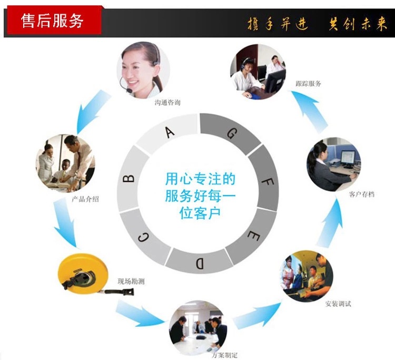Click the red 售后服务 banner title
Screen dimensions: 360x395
(x=52, y=21)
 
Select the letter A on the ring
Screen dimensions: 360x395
(x=170, y=132)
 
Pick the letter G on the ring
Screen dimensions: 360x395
(x=231, y=133)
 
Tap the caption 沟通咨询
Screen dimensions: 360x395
(x=167, y=103)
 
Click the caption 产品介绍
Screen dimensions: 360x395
(x=85, y=200)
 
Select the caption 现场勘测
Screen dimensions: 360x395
(x=131, y=281)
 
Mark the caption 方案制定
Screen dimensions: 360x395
(x=225, y=355)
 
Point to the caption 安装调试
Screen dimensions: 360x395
(x=338, y=304)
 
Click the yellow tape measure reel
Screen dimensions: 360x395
(x=79, y=274)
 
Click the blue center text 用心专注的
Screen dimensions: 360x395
(x=200, y=179)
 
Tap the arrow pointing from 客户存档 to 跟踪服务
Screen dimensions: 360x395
(x=309, y=112)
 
